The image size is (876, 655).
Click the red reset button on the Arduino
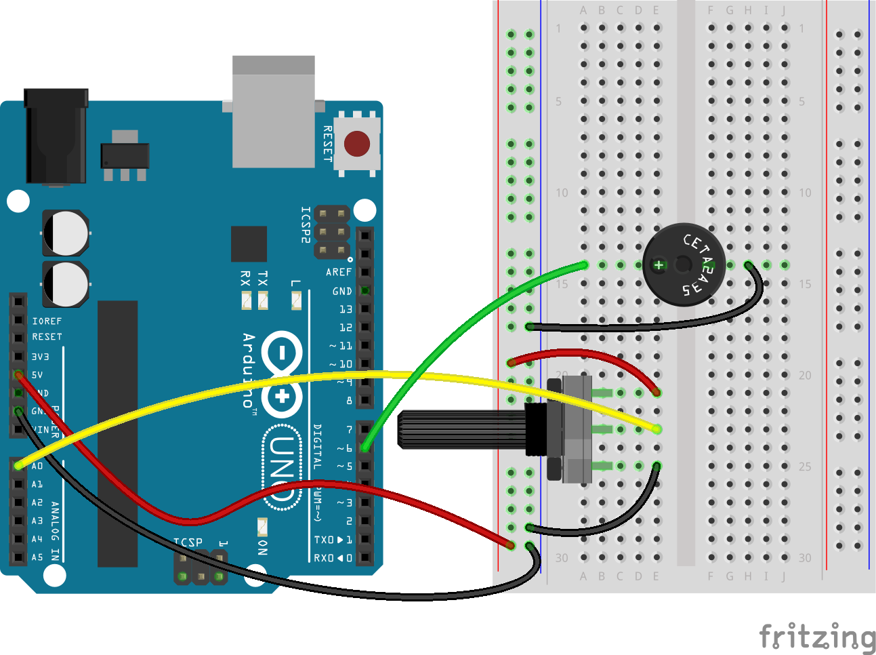coord(357,144)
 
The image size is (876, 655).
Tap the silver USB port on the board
coord(273,112)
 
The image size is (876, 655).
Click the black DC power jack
coord(56,136)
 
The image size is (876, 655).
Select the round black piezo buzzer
coord(684,264)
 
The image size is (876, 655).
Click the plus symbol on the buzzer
coord(659,265)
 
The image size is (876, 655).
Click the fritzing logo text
coord(817,637)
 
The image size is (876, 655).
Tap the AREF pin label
coord(339,272)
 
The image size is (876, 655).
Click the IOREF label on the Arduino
coord(47,321)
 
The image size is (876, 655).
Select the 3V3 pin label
coord(40,357)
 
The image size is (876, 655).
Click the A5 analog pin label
coord(37,557)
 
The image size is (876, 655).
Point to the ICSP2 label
coord(306,225)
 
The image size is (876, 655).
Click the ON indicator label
coord(263,547)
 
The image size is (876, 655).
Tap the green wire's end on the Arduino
coord(365,448)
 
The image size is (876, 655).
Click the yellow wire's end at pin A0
coord(18,466)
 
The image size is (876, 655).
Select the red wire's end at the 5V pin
coord(18,374)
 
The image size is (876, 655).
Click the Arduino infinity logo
coord(282,374)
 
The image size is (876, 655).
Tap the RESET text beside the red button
coord(328,143)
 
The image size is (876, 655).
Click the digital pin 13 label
coord(346,309)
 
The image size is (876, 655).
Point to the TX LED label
coord(263,277)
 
